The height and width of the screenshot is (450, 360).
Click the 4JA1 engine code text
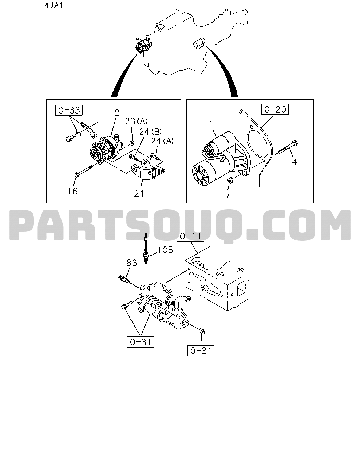[53, 5]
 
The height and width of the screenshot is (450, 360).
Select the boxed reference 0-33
[69, 110]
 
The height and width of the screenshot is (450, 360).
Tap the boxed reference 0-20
[275, 109]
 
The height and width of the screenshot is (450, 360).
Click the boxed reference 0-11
[190, 236]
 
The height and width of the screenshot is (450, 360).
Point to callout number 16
[72, 191]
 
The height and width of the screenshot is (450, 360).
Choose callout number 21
[139, 194]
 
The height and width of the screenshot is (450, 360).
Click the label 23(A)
[136, 122]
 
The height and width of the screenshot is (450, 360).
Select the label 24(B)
[150, 132]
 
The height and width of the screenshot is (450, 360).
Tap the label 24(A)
[162, 141]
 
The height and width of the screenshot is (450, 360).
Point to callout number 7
[227, 196]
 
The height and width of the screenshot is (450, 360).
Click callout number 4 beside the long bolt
[295, 162]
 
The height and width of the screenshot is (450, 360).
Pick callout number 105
[165, 250]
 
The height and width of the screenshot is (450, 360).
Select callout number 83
[131, 263]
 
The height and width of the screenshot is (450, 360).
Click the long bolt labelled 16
[83, 171]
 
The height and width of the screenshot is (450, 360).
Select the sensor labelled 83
[124, 279]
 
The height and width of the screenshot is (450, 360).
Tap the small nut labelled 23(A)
[132, 143]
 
